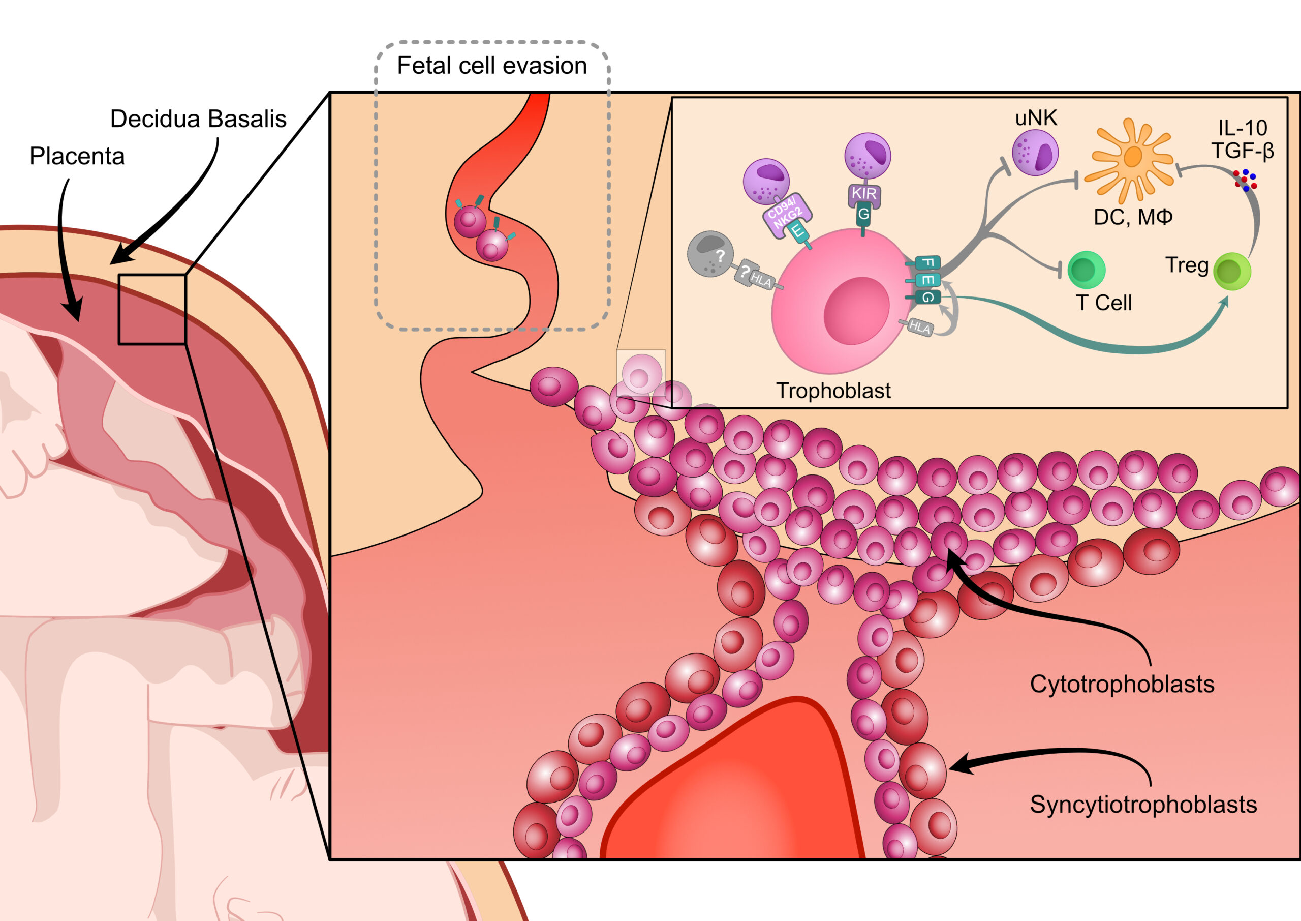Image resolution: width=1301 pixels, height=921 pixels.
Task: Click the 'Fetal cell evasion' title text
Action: pos(491,66)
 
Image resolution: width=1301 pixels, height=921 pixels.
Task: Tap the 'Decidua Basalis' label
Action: pos(198,119)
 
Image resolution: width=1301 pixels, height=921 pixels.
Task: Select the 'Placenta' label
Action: pos(77,157)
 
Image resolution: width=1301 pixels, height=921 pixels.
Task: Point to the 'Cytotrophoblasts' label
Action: pos(1122,684)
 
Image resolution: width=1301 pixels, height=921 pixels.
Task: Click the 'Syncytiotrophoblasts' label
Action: pos(1143,805)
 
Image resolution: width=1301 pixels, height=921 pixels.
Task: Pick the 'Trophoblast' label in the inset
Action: pos(833,391)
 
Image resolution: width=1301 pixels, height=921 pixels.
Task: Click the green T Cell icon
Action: pos(1086,270)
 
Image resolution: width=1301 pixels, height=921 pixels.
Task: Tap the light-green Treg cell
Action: pos(1232,272)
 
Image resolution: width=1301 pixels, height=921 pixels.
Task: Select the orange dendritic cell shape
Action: pos(1131,159)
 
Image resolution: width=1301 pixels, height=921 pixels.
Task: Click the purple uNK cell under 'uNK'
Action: pos(1035,152)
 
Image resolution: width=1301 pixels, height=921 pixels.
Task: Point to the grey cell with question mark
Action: pos(710,254)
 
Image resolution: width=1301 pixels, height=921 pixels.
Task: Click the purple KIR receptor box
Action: pos(863,194)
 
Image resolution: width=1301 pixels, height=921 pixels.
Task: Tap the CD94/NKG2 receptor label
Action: pos(786,214)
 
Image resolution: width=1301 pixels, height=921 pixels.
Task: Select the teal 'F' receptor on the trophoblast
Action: pos(927,262)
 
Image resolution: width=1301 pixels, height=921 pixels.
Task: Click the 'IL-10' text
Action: pos(1243,128)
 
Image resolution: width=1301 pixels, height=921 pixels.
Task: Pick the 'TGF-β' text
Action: pos(1243,151)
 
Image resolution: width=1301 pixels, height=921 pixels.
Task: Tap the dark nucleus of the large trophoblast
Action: pos(856,311)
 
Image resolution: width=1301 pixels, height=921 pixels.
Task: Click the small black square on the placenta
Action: pos(152,309)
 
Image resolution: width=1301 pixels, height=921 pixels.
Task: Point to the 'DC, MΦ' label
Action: pos(1133,217)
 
